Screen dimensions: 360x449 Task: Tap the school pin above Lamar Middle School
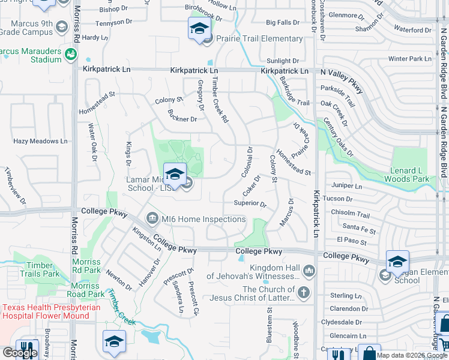175,174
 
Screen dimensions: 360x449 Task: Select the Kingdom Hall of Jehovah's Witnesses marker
309,272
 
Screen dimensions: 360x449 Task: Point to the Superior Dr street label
250,203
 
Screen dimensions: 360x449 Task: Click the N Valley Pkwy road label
342,80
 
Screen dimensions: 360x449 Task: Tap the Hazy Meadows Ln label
40,141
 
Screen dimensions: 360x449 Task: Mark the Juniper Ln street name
350,187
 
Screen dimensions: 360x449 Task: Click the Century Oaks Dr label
339,138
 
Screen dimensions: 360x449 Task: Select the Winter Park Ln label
409,59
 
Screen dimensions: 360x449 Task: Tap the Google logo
20,353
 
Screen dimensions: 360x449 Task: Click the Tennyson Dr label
113,22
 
